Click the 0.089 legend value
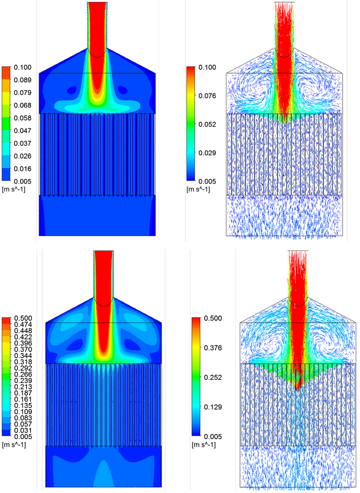tap(24, 80)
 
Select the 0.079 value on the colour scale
tap(24, 93)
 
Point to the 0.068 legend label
tap(24, 105)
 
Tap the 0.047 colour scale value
tap(24, 131)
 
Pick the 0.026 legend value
tap(24, 156)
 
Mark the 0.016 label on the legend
tap(24, 169)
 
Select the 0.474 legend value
tap(23, 324)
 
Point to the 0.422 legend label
tap(23, 337)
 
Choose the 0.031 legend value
tap(23, 430)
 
